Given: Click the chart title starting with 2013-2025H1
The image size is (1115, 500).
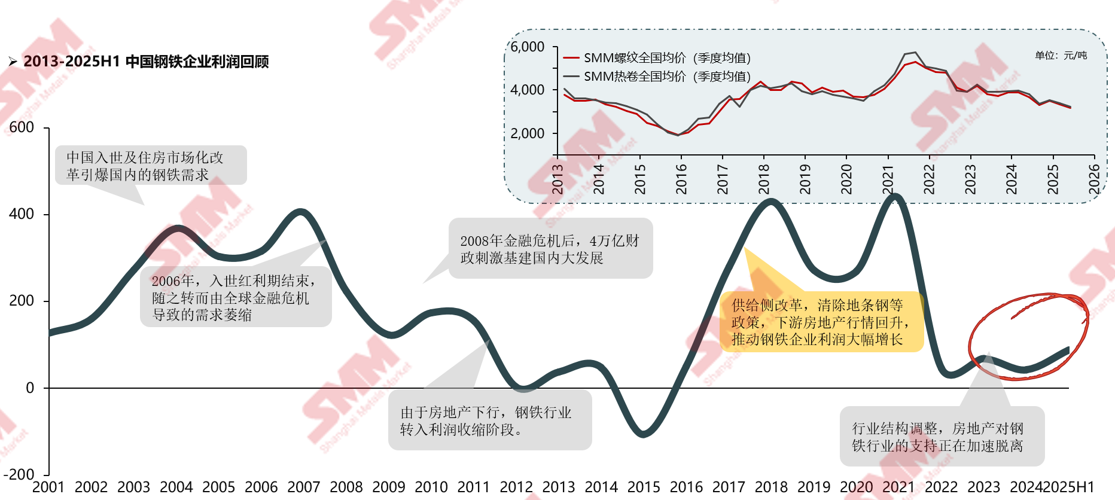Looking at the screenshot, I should point(146,62).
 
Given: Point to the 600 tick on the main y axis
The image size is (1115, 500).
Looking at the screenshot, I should point(22,127).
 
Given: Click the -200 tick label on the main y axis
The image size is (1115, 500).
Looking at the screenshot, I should point(19,474).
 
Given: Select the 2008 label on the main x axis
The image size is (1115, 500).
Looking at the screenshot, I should point(346,487).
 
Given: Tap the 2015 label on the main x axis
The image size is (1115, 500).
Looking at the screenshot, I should point(644,487).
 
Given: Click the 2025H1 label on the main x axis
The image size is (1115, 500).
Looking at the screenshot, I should point(1069,487).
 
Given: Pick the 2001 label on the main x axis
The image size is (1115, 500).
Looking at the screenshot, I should point(48,487).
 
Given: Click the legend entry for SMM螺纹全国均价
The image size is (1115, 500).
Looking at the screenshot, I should point(657,58).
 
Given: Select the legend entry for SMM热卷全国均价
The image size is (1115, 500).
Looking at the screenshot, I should point(657,77).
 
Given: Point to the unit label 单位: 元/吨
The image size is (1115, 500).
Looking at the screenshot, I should point(1061,56).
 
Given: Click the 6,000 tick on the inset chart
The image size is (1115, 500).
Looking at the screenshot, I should point(527,47).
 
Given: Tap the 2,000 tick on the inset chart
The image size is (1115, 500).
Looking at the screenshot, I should point(527,133).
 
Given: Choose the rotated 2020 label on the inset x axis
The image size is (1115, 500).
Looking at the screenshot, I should point(846,179).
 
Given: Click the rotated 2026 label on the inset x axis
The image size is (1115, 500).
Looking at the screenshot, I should point(1094,179).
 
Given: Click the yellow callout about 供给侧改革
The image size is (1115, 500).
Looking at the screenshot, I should point(821,322).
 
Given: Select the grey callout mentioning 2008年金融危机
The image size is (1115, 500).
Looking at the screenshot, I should point(550,249).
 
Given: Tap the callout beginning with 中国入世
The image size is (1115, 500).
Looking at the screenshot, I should point(151,166).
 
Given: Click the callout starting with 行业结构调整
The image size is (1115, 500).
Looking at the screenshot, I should point(942,437).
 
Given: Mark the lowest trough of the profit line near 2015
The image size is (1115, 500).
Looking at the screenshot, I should point(643,433).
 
